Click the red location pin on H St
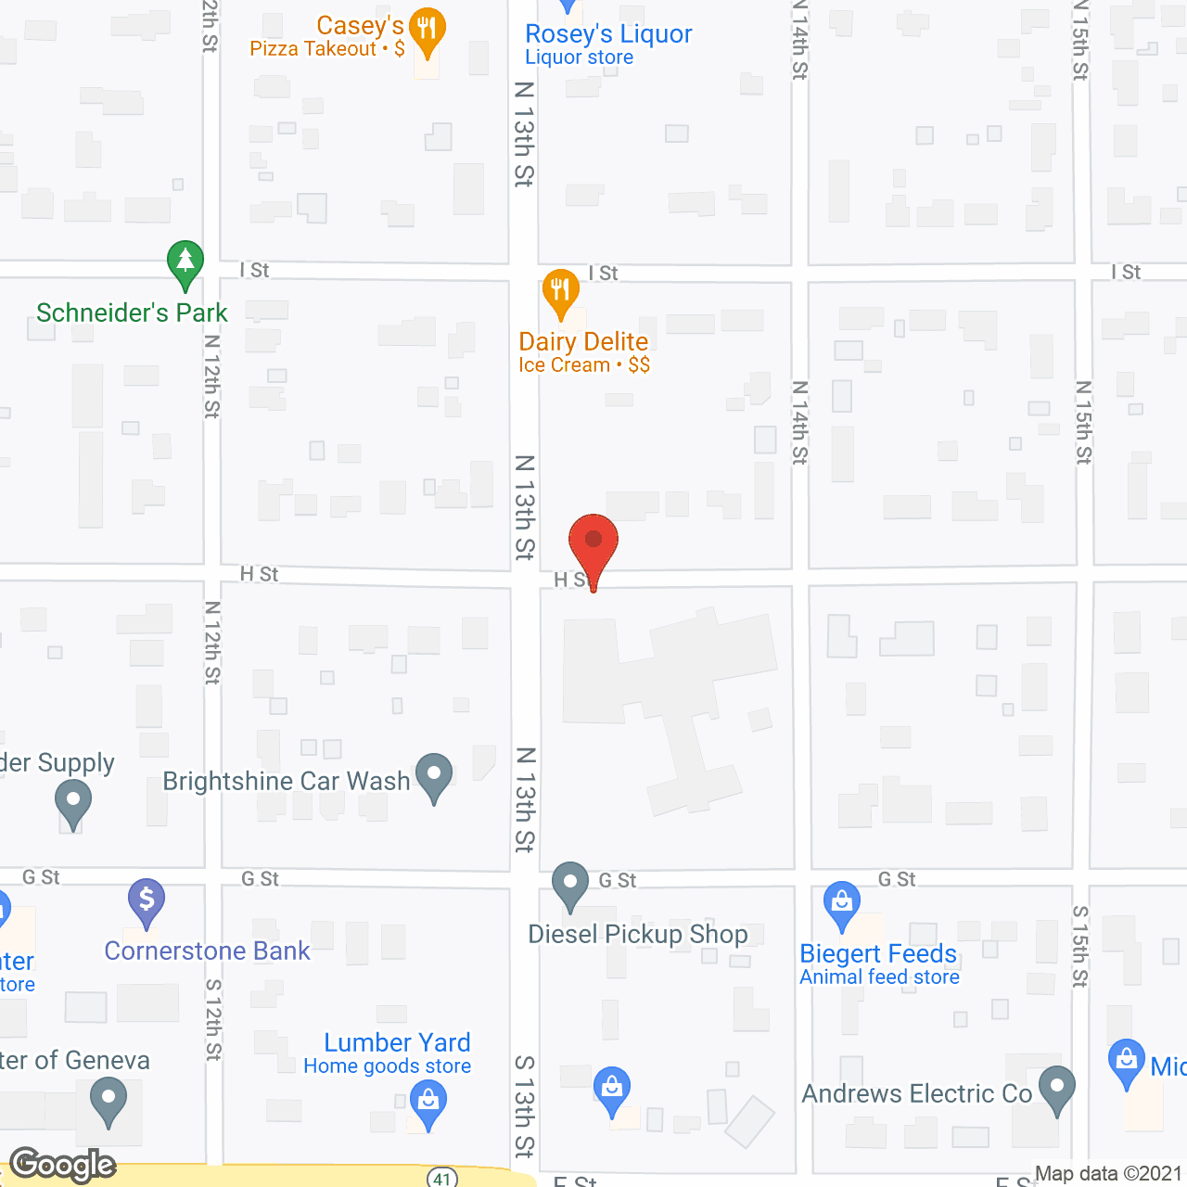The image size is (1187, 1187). pyautogui.click(x=593, y=542)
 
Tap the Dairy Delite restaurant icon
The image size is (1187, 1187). pyautogui.click(x=560, y=290)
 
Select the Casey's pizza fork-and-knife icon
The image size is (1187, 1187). pyautogui.click(x=427, y=29)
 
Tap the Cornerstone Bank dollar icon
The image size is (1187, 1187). pyautogui.click(x=147, y=900)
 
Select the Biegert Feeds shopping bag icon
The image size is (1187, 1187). pyautogui.click(x=841, y=902)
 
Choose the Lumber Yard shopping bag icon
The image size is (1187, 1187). pyautogui.click(x=428, y=1102)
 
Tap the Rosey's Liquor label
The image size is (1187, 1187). pyautogui.click(x=608, y=34)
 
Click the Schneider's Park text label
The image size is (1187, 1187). pyautogui.click(x=132, y=313)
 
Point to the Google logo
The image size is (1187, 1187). pyautogui.click(x=62, y=1165)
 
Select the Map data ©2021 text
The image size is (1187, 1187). pyautogui.click(x=1108, y=1174)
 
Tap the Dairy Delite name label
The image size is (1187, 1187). pyautogui.click(x=583, y=342)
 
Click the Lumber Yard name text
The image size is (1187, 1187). pyautogui.click(x=397, y=1043)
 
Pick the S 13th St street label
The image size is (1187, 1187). pyautogui.click(x=525, y=1105)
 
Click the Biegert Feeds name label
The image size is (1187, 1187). pyautogui.click(x=878, y=954)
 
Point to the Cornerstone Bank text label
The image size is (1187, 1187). pyautogui.click(x=207, y=951)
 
